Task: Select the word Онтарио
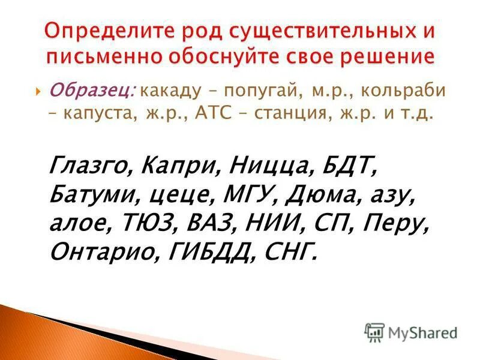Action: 98,251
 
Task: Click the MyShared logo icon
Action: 374,332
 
